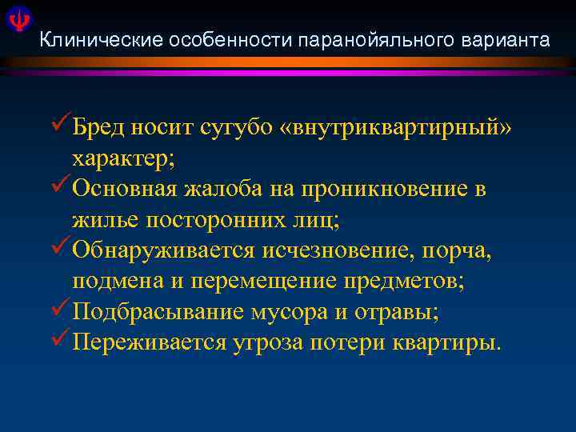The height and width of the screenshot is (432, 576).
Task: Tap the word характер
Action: (133, 158)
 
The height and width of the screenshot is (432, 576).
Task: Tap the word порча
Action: (461, 251)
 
